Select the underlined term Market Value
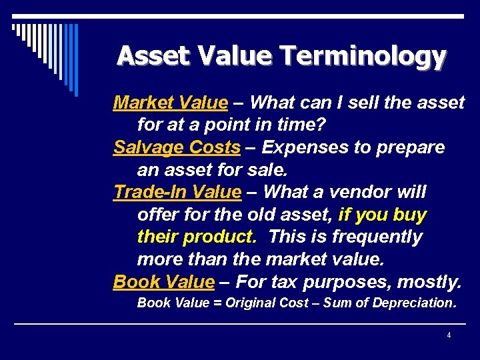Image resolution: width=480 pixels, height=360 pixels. pos(171,103)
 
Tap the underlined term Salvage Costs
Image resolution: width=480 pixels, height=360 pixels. pos(177,147)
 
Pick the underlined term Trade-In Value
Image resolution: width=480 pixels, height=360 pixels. pos(177,192)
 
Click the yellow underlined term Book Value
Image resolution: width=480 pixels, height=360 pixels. pos(164,282)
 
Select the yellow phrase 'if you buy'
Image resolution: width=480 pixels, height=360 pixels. pos(383,215)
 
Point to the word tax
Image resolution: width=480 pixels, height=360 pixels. pos(281,282)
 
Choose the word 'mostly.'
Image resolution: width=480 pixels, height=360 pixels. pos(429,282)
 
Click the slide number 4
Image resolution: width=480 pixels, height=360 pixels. pos(449,335)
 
